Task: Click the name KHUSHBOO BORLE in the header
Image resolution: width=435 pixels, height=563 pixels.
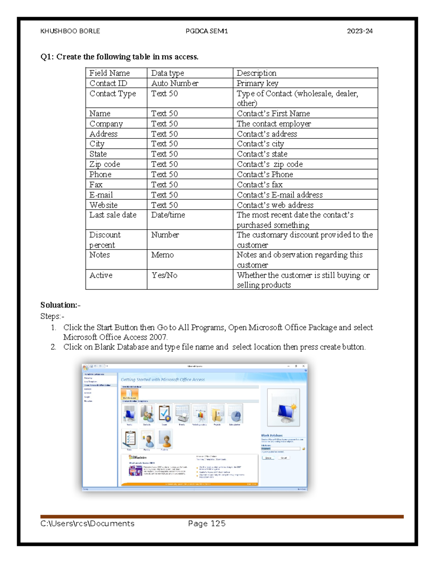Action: [70, 31]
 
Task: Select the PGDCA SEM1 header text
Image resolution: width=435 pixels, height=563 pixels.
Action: [207, 31]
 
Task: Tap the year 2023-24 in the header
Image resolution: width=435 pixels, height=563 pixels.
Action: [360, 31]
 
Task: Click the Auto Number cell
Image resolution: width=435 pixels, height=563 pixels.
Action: [175, 83]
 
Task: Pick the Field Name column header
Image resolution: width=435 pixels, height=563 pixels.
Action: [109, 73]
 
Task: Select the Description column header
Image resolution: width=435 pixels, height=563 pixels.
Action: [256, 73]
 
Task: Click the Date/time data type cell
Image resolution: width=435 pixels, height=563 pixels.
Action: [168, 215]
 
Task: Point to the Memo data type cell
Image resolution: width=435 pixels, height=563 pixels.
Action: [162, 255]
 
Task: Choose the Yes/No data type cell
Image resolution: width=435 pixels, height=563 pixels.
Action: [165, 276]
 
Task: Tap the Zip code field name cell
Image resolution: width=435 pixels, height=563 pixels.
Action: [105, 164]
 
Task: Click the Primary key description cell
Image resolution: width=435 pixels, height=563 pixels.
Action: [257, 83]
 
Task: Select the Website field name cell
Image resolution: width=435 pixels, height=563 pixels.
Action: [103, 205]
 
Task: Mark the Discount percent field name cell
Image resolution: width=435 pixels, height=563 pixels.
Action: [105, 240]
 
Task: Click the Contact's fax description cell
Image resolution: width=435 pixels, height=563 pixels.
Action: [260, 185]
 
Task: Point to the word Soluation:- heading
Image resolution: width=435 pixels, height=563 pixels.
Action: [60, 305]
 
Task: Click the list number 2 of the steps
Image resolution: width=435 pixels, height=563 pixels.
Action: [53, 347]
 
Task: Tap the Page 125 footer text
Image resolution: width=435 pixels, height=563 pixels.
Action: [207, 523]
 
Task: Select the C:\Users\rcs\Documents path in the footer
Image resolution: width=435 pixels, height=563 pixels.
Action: [87, 523]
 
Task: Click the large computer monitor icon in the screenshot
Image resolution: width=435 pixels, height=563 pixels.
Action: [283, 407]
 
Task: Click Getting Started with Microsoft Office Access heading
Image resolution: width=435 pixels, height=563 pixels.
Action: [163, 380]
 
